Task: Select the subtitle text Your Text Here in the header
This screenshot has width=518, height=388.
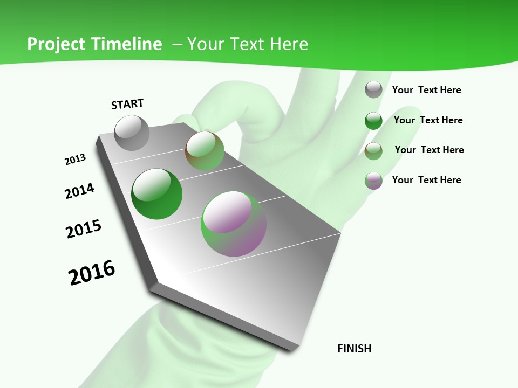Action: click(247, 44)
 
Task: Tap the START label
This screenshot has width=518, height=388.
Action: click(127, 104)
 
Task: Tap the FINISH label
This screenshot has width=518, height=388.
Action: click(355, 349)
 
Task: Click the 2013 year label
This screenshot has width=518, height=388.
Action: click(75, 160)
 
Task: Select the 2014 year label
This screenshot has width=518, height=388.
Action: click(79, 191)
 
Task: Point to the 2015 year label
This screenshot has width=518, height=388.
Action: click(84, 229)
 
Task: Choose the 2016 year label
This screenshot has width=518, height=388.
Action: click(92, 272)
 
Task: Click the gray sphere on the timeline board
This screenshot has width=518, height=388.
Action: click(132, 133)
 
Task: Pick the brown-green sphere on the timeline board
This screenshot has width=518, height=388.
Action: click(205, 151)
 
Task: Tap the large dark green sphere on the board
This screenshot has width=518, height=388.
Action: click(156, 194)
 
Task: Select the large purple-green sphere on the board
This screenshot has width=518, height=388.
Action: click(233, 224)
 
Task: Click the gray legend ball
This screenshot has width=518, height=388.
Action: click(373, 89)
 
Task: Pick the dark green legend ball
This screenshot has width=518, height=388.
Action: click(373, 121)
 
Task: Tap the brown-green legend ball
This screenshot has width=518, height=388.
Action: click(373, 151)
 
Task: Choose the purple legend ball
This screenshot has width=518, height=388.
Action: click(373, 181)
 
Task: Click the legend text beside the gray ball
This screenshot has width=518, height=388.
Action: click(426, 90)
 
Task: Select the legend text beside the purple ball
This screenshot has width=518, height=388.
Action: click(426, 180)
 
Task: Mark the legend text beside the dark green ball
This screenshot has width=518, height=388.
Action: click(428, 120)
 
